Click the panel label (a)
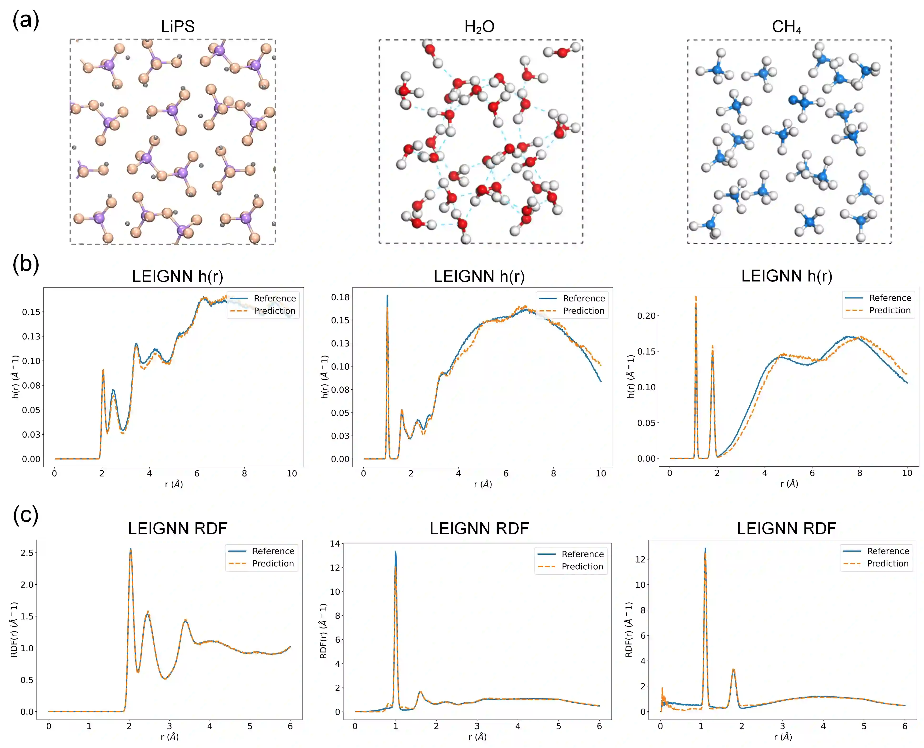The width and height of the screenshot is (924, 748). point(26,21)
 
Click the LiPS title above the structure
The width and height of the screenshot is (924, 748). point(177,27)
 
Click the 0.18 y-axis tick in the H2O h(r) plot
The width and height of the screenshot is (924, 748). point(340,297)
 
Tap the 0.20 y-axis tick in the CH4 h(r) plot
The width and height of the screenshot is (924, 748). point(646,316)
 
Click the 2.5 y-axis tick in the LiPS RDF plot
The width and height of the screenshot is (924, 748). point(27,553)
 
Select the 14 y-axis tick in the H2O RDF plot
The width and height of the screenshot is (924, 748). point(335,544)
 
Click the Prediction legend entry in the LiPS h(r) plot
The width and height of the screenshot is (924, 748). point(274,311)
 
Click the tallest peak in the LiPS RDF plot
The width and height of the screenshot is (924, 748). point(131,549)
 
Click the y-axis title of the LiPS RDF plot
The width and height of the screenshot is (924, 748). point(14,629)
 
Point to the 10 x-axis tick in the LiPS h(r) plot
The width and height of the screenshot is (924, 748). point(292,473)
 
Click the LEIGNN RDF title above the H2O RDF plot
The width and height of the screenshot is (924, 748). point(479,529)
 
